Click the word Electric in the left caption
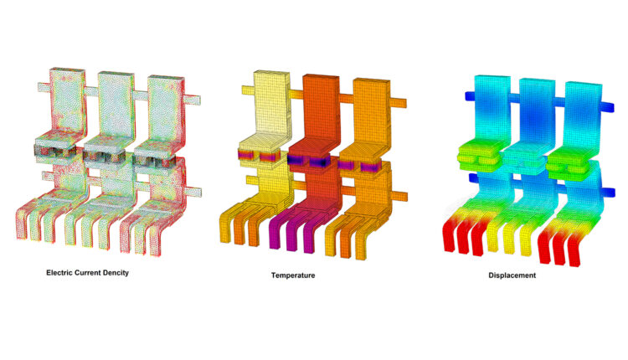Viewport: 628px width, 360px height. click(59, 273)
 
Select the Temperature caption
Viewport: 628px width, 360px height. click(293, 275)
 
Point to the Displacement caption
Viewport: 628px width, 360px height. click(512, 275)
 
